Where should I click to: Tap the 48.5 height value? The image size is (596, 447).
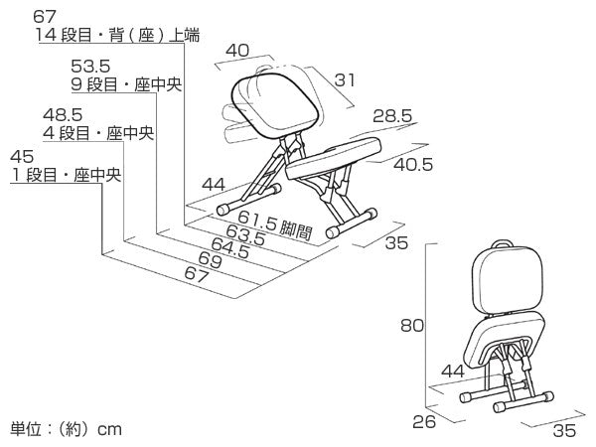tap(62, 115)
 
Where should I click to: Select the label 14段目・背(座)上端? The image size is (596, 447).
tap(117, 37)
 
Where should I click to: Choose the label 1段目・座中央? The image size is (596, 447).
tap(66, 176)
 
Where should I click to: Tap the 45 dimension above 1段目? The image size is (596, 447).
tap(22, 157)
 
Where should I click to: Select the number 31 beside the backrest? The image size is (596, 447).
tap(344, 80)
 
